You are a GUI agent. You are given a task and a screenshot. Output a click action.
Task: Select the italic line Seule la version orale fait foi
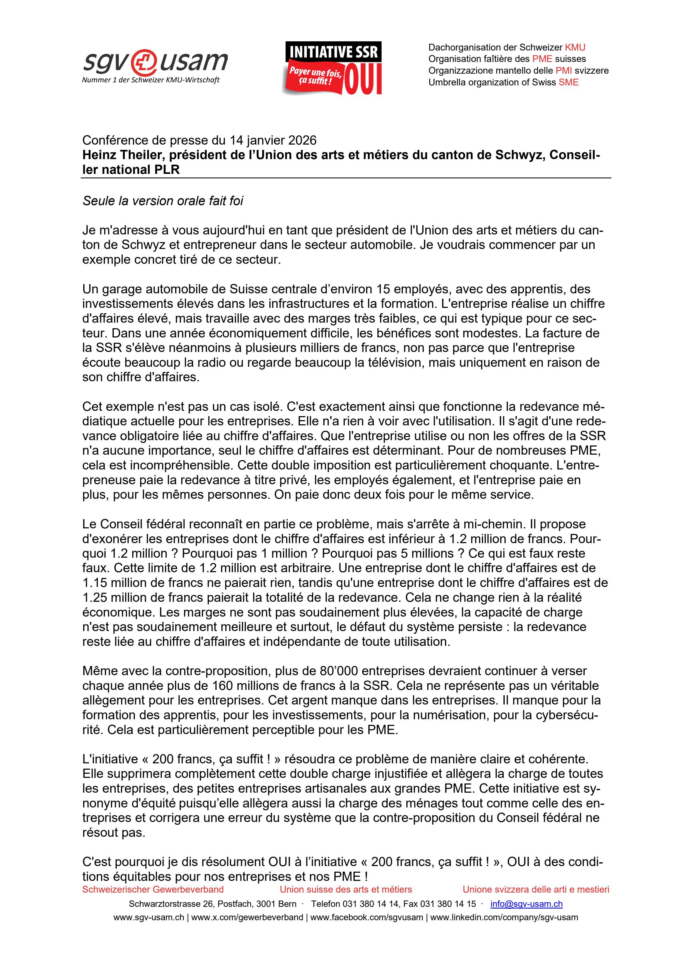coord(163,201)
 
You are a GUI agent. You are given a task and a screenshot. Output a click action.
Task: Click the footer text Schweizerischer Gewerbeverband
coord(153,890)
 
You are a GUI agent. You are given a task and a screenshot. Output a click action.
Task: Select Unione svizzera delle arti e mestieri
coord(536,890)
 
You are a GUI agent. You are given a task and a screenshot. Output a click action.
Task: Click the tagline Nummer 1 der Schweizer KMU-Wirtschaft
coord(150,80)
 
